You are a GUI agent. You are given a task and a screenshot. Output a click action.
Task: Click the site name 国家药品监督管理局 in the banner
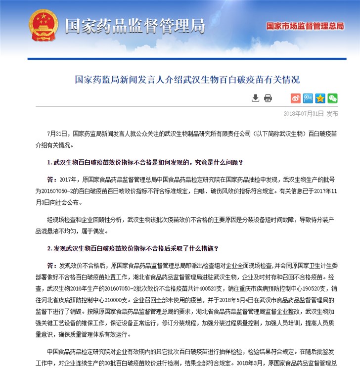coord(135,26)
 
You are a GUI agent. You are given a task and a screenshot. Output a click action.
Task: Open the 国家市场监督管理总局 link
coord(305,26)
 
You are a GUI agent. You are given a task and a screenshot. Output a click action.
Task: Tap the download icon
coord(255,98)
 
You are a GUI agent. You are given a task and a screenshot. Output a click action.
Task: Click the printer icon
coord(268,98)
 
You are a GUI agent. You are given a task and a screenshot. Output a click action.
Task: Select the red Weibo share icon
coord(295,98)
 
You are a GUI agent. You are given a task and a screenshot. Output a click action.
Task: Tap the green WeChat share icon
coord(333,98)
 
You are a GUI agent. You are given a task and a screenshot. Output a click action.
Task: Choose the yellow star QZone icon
coord(320,98)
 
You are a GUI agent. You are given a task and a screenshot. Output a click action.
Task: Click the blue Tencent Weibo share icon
coord(308,98)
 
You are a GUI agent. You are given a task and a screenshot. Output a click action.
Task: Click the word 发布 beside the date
coord(332,114)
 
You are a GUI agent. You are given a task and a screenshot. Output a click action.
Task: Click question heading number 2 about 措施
coord(133,248)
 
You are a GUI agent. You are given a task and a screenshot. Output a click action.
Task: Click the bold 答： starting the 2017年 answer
coord(52,179)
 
